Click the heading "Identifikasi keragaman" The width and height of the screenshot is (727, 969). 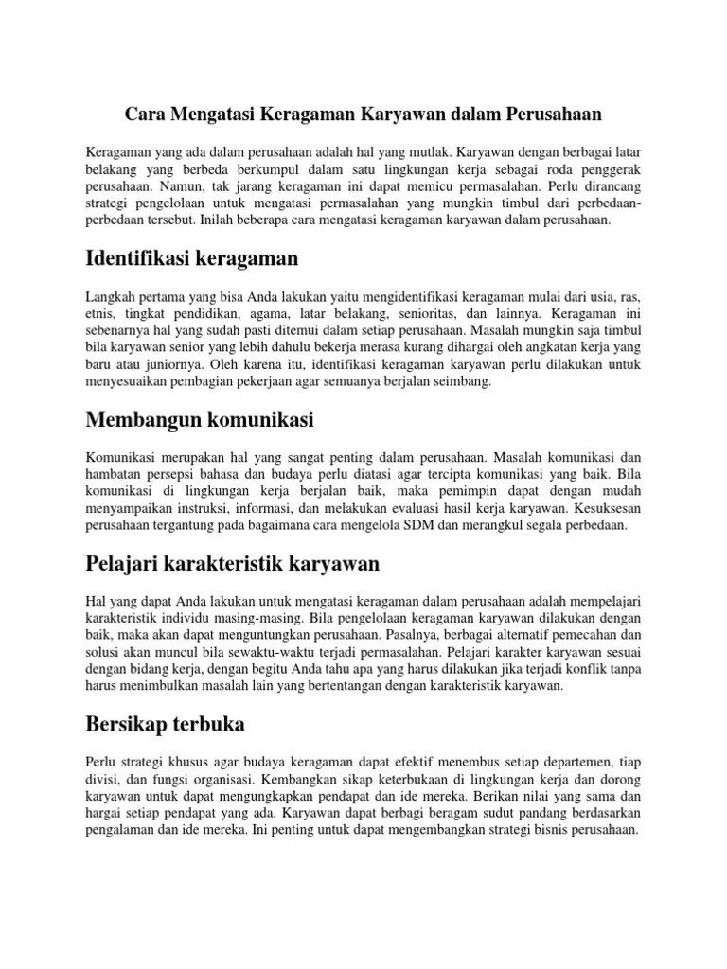tap(192, 257)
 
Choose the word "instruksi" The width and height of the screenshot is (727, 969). tap(196, 509)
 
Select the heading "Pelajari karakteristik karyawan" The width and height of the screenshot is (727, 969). tap(232, 564)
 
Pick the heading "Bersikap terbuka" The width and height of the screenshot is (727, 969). tap(166, 726)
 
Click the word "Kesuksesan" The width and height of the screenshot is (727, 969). tap(607, 509)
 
